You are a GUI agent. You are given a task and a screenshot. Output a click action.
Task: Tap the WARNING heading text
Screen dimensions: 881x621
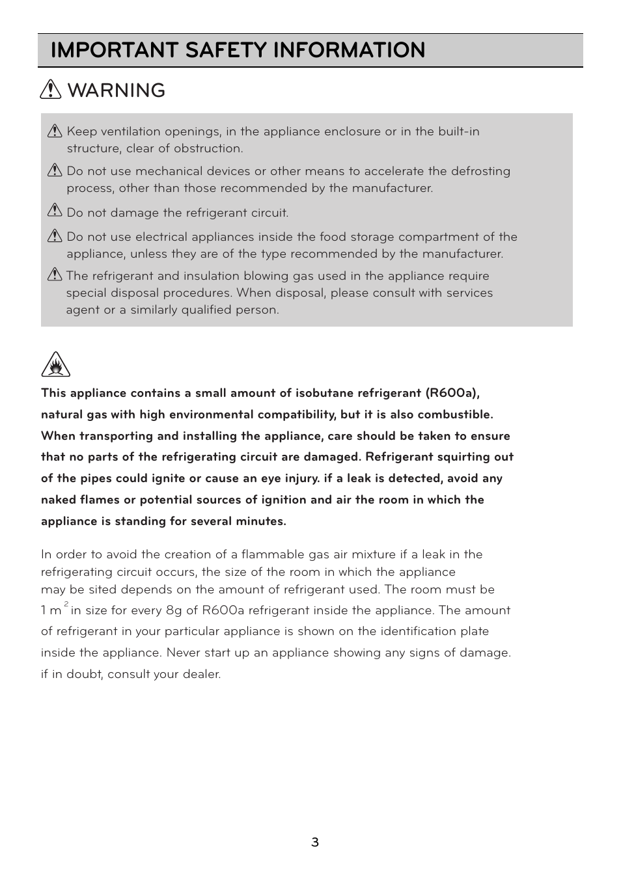click(117, 90)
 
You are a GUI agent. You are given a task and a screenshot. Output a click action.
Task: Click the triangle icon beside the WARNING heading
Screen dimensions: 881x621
click(51, 90)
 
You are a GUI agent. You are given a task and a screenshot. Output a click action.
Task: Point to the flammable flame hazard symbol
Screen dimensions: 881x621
click(55, 365)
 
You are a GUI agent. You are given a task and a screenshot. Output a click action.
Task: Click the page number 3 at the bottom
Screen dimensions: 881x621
click(314, 843)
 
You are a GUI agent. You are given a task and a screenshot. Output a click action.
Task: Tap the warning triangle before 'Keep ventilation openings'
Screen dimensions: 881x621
click(55, 131)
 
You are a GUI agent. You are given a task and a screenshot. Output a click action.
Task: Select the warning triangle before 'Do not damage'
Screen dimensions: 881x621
click(55, 211)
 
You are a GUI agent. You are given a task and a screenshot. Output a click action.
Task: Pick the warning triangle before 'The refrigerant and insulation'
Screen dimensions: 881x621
click(55, 275)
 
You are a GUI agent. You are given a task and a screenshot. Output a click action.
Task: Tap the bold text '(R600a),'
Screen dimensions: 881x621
click(452, 393)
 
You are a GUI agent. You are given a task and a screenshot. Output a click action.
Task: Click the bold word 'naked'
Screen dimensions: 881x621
click(58, 500)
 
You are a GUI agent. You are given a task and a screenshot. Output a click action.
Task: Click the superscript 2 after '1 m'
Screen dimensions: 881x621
click(66, 604)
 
